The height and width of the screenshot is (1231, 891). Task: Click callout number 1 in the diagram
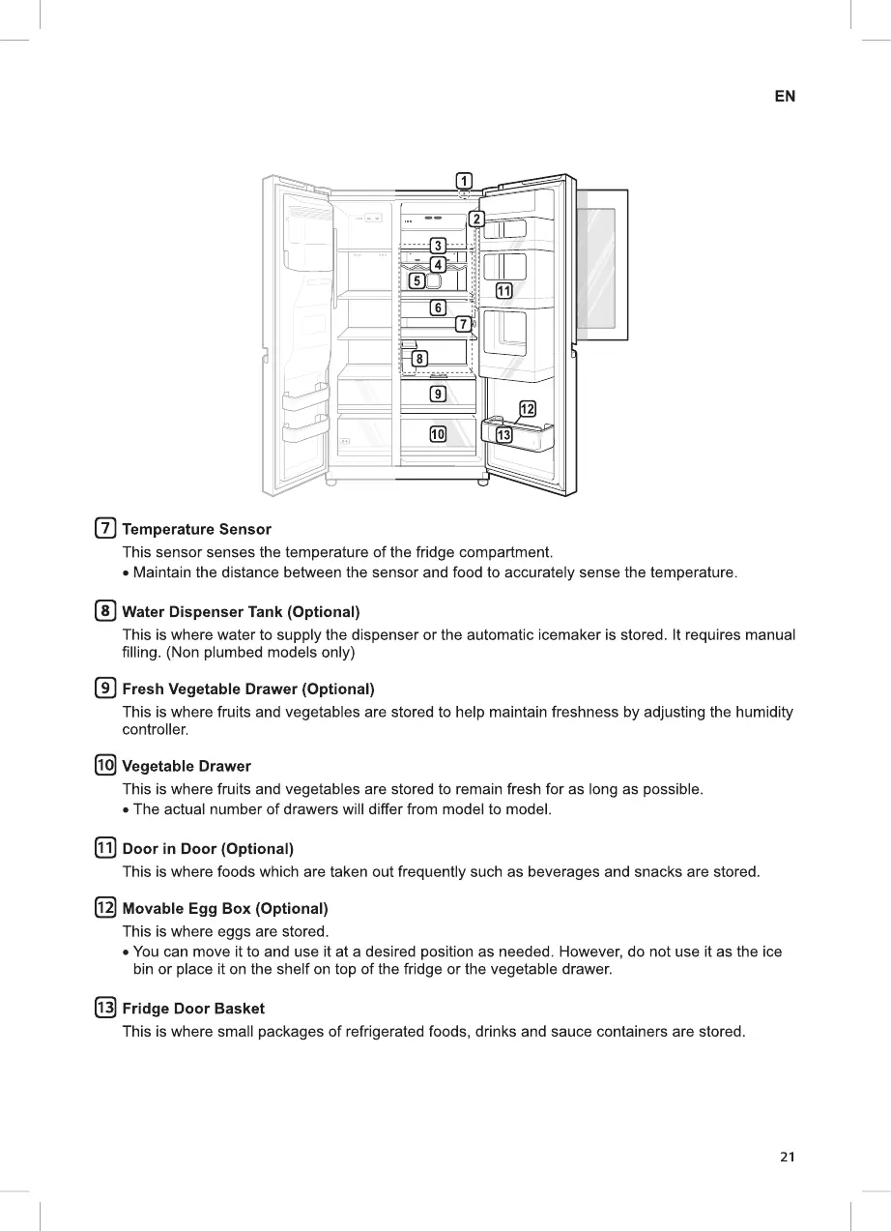pyautogui.click(x=464, y=180)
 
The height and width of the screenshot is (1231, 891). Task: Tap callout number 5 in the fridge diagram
pyautogui.click(x=417, y=281)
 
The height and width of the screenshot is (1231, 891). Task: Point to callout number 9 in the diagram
pyautogui.click(x=438, y=394)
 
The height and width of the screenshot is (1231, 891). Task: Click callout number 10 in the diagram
pyautogui.click(x=438, y=434)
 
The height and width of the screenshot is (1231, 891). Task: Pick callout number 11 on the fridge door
pyautogui.click(x=503, y=291)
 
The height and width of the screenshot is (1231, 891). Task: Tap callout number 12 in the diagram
pyautogui.click(x=528, y=409)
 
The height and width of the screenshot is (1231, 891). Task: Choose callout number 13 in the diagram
pyautogui.click(x=503, y=435)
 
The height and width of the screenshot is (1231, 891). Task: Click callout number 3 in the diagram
pyautogui.click(x=438, y=246)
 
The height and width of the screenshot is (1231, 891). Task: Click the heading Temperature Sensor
pyautogui.click(x=196, y=530)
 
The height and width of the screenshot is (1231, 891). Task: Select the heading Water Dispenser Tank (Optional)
pyautogui.click(x=241, y=612)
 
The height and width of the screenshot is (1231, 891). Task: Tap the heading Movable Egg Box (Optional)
pyautogui.click(x=225, y=909)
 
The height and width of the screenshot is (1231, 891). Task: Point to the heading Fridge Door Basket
pyautogui.click(x=193, y=1009)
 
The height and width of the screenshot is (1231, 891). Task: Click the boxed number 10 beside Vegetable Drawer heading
pyautogui.click(x=104, y=766)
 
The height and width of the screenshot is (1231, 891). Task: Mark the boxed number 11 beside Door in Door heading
pyautogui.click(x=104, y=849)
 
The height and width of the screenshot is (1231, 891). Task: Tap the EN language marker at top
pyautogui.click(x=785, y=97)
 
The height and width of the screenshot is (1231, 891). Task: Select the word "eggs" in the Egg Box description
pyautogui.click(x=231, y=932)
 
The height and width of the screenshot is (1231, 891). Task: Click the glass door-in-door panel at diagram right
pyautogui.click(x=601, y=264)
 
